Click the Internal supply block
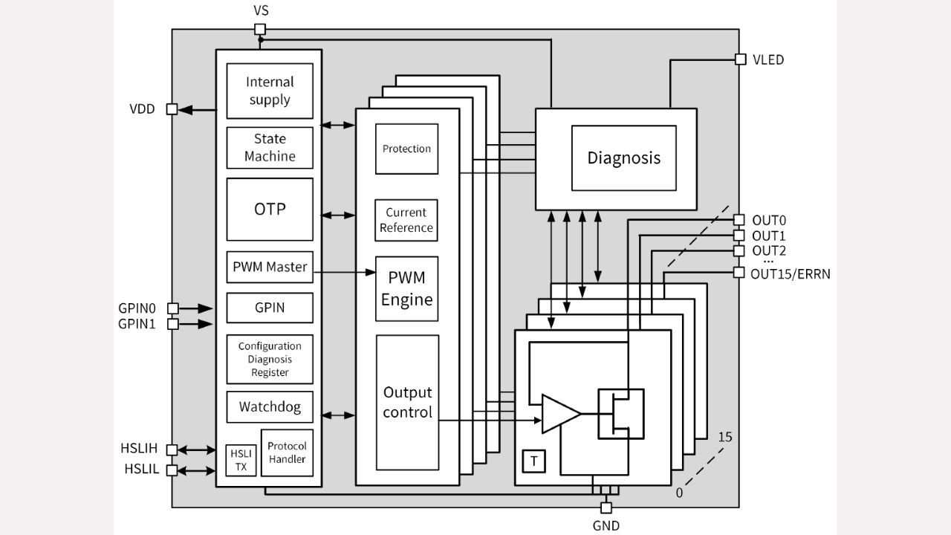click(x=270, y=91)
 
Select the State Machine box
click(x=270, y=148)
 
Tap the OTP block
click(x=270, y=209)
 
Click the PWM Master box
click(x=270, y=267)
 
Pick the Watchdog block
click(x=270, y=407)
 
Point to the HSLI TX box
click(x=241, y=460)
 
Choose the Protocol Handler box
click(x=287, y=453)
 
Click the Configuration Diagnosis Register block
click(x=270, y=359)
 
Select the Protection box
click(x=406, y=149)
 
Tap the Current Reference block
click(x=406, y=220)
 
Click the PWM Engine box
click(x=406, y=289)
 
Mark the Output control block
click(x=407, y=402)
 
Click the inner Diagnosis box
click(x=623, y=158)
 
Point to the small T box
click(x=533, y=461)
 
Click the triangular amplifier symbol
click(x=559, y=414)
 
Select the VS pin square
click(x=260, y=30)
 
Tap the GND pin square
click(x=606, y=508)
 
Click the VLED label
click(x=768, y=59)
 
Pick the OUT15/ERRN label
click(x=790, y=273)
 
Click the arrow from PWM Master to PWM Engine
click(x=345, y=273)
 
